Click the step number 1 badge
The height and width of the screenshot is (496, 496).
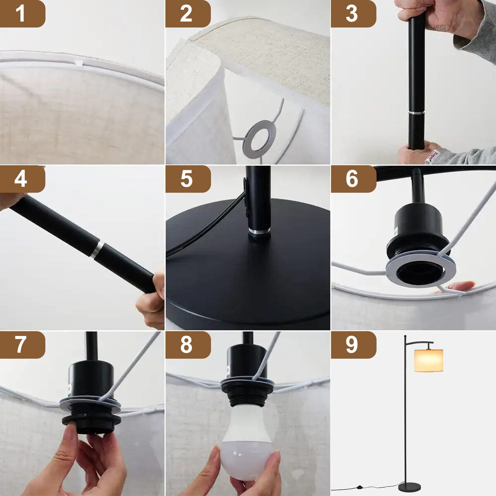(21, 14)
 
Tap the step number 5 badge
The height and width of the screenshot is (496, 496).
(187, 179)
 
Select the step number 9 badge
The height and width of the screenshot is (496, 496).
(352, 344)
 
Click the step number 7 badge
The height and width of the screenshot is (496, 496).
(21, 344)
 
